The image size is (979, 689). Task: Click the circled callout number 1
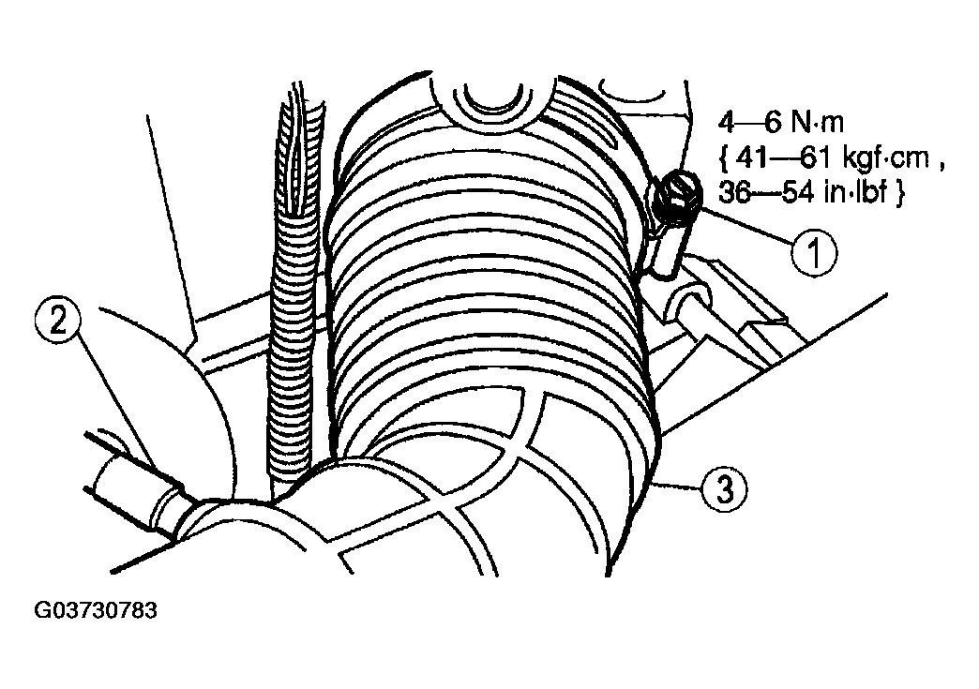click(814, 253)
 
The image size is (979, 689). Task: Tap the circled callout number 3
click(724, 490)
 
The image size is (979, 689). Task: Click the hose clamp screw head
click(675, 193)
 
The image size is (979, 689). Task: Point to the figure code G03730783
click(96, 609)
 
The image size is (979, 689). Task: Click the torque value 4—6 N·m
click(780, 123)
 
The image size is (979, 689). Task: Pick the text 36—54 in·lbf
click(803, 192)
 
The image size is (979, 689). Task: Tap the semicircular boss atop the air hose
click(493, 100)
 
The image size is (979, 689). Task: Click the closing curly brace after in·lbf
click(898, 193)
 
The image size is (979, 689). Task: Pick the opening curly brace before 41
click(724, 159)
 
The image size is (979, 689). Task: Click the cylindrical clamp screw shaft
click(668, 249)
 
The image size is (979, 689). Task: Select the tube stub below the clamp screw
click(690, 300)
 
